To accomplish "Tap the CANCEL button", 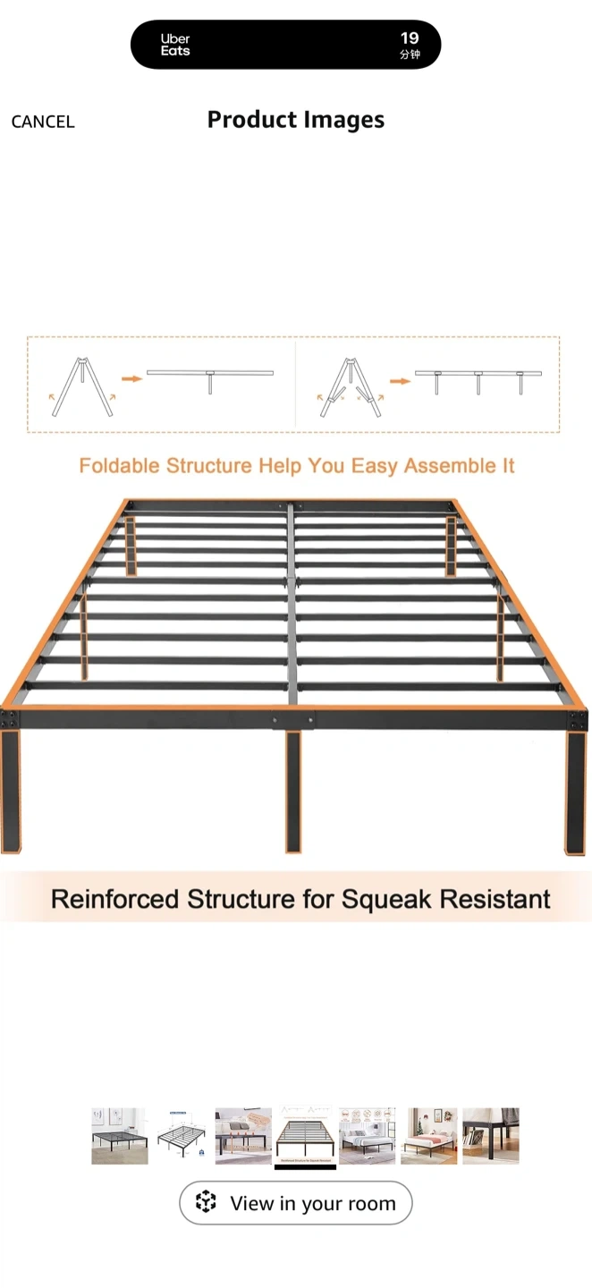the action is click(x=43, y=122).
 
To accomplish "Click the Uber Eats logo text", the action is click(x=175, y=45).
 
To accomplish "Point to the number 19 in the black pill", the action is click(x=410, y=38).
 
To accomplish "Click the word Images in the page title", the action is click(x=344, y=120).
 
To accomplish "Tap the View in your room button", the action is click(x=295, y=1202).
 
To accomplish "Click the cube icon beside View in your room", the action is click(x=206, y=1201).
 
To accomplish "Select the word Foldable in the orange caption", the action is click(x=120, y=465).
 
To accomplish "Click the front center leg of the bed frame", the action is click(x=293, y=792).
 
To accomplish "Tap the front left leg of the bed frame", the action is click(x=11, y=791).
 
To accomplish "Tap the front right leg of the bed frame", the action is click(x=575, y=792).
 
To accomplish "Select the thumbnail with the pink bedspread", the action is click(x=428, y=1136).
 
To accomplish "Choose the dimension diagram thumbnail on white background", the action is click(x=182, y=1136).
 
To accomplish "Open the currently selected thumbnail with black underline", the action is click(x=305, y=1136).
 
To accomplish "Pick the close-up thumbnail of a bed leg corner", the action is click(x=491, y=1136).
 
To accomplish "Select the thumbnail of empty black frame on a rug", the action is click(x=120, y=1136).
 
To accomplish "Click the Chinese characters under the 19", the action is click(x=410, y=55).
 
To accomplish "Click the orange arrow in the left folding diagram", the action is click(x=131, y=378).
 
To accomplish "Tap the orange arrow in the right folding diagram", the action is click(x=400, y=381).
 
